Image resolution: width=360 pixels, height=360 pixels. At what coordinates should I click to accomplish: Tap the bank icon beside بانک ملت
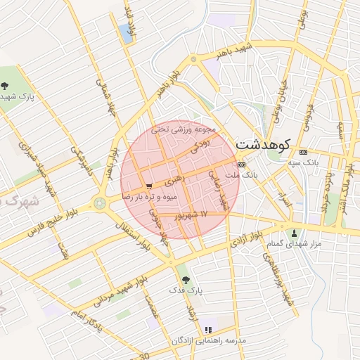241,165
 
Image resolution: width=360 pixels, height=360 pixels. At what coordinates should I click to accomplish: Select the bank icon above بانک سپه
303,152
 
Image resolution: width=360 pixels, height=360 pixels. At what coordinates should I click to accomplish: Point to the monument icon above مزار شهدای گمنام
294,233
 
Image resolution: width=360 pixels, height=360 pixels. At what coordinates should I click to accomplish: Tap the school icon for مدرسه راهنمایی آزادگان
207,329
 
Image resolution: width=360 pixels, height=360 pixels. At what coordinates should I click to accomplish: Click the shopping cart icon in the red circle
149,186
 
